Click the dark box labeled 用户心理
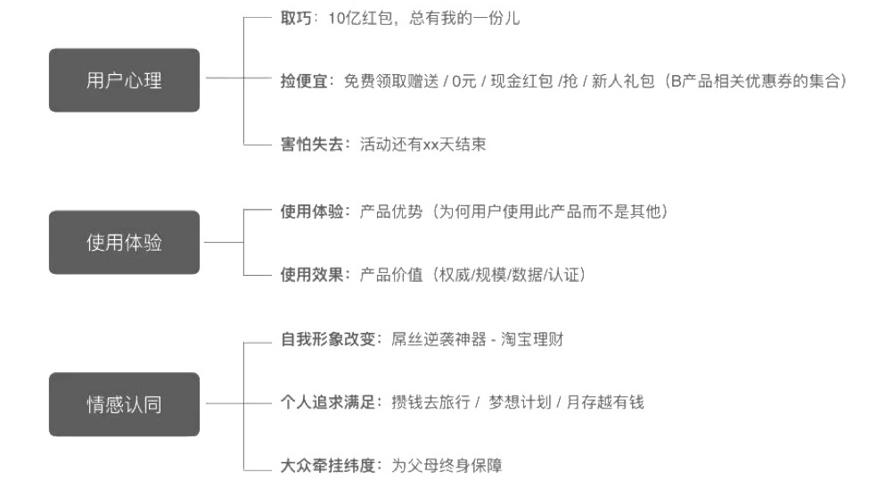click(124, 80)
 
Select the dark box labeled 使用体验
click(124, 242)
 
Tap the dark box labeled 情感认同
click(124, 404)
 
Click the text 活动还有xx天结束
click(422, 145)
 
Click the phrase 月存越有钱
click(605, 402)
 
